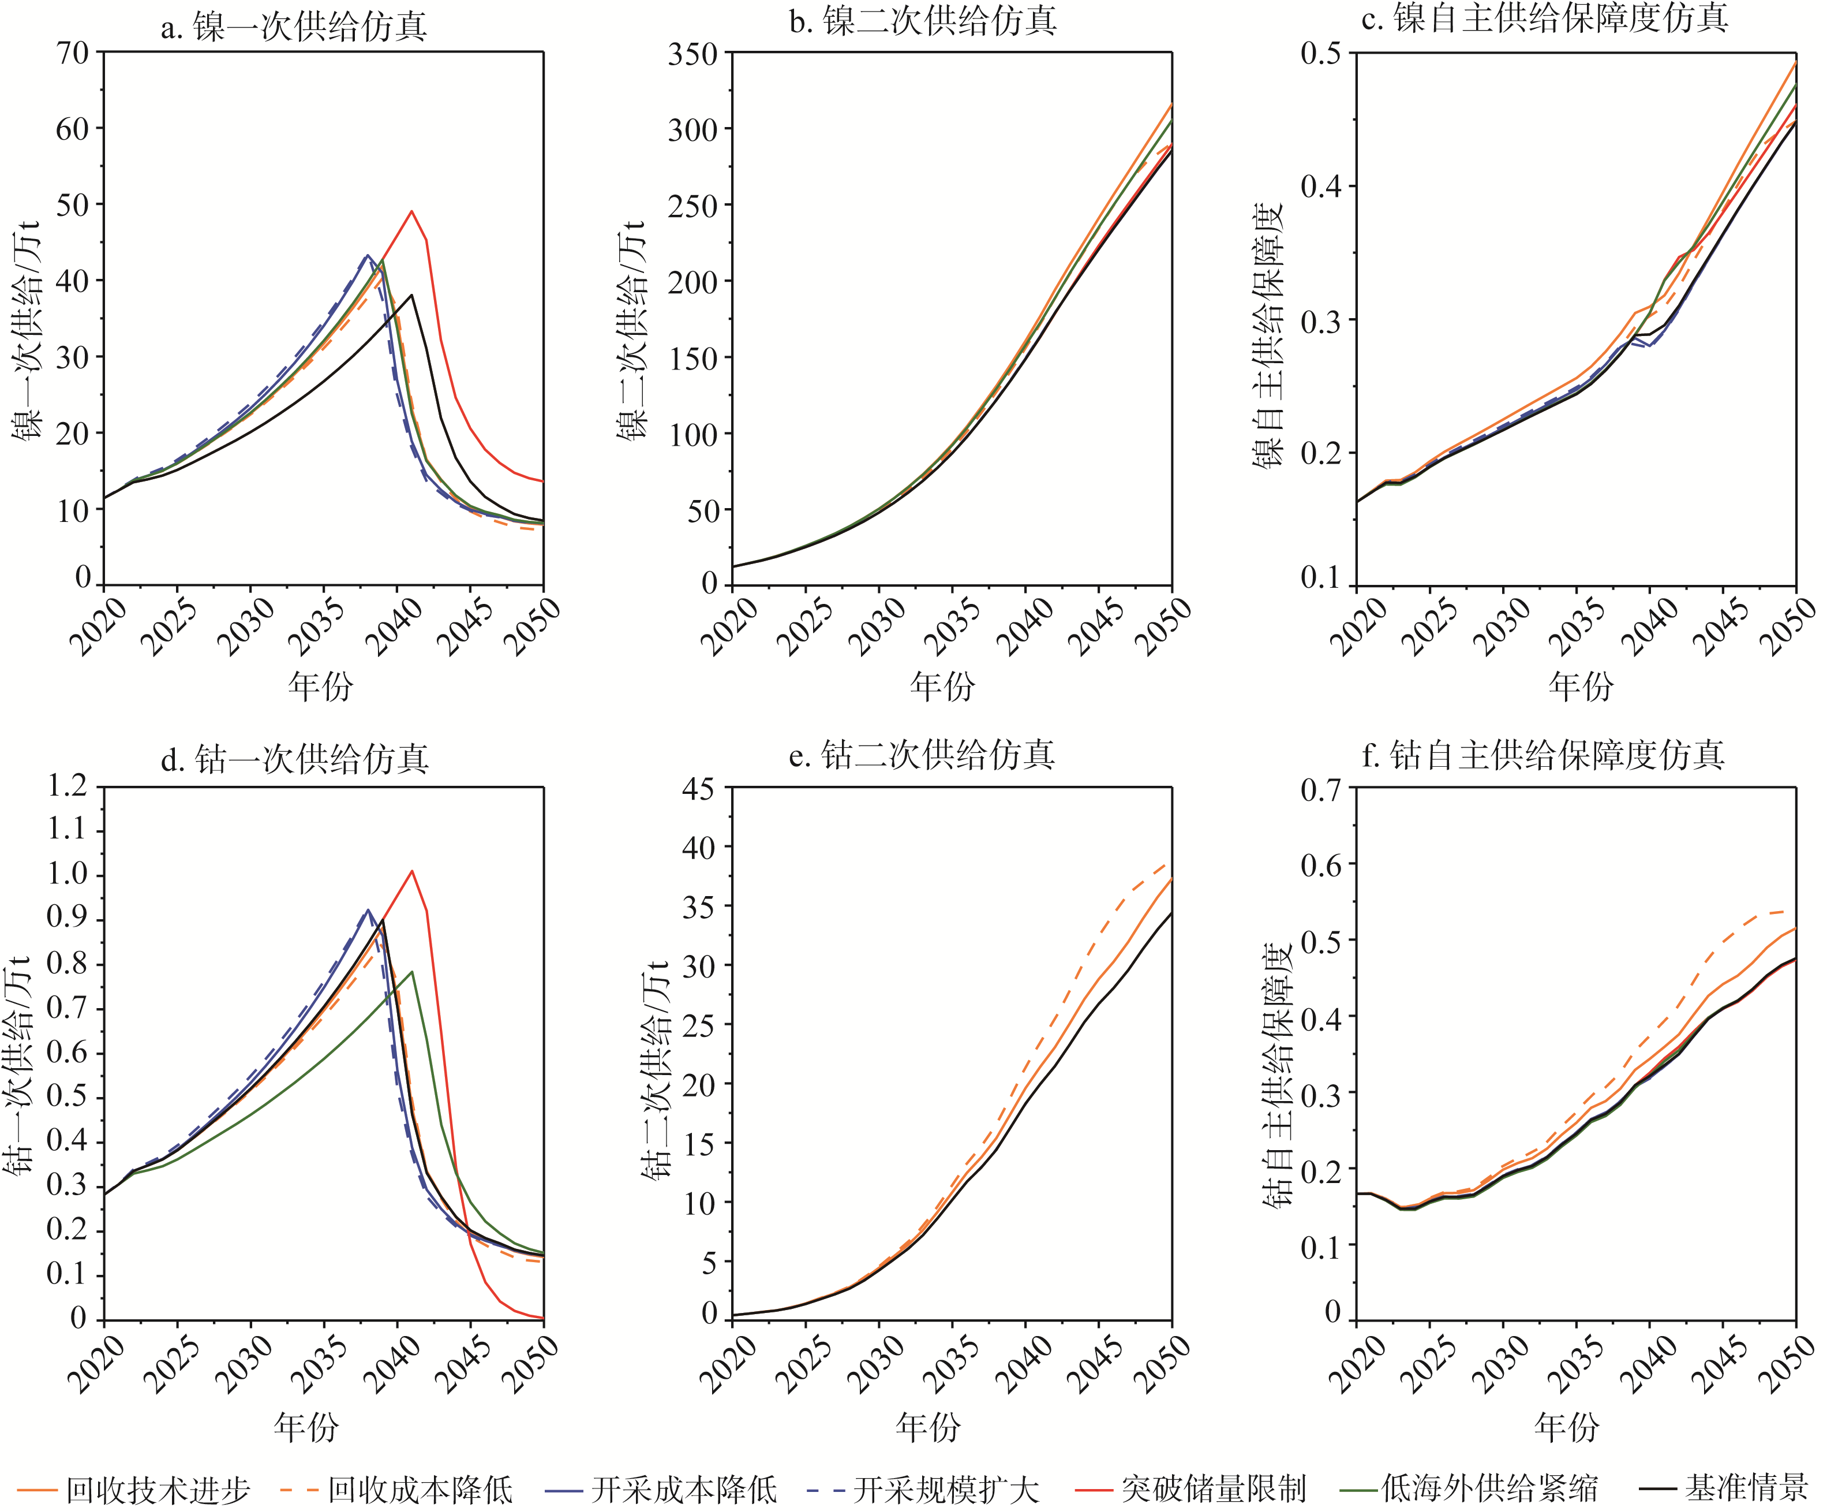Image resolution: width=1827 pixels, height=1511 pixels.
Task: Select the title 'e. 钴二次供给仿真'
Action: tap(922, 753)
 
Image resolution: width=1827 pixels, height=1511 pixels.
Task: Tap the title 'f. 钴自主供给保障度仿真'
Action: tap(1543, 753)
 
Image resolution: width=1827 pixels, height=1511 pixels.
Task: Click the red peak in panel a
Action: tap(411, 211)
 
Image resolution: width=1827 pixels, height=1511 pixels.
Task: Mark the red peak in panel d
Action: tap(411, 871)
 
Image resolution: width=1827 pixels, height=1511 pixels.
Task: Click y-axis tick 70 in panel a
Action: tap(74, 52)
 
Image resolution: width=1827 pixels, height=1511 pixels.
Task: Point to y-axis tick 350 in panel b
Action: tap(692, 54)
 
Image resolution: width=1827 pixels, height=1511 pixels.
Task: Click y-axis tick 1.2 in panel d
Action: tap(68, 786)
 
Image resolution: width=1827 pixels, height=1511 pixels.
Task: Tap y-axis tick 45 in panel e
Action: tap(698, 789)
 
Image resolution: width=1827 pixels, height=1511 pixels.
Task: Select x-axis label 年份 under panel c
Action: tap(1580, 686)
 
